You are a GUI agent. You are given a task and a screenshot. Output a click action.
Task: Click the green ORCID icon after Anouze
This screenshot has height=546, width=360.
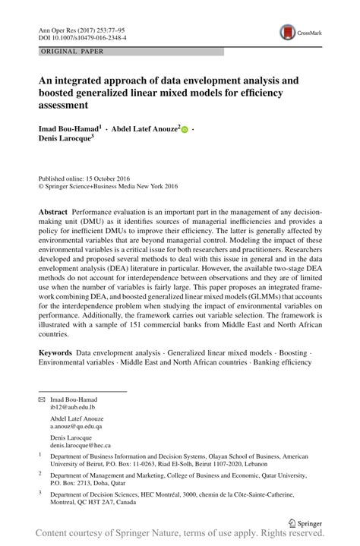185,131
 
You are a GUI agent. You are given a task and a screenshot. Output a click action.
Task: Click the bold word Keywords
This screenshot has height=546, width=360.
55,353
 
